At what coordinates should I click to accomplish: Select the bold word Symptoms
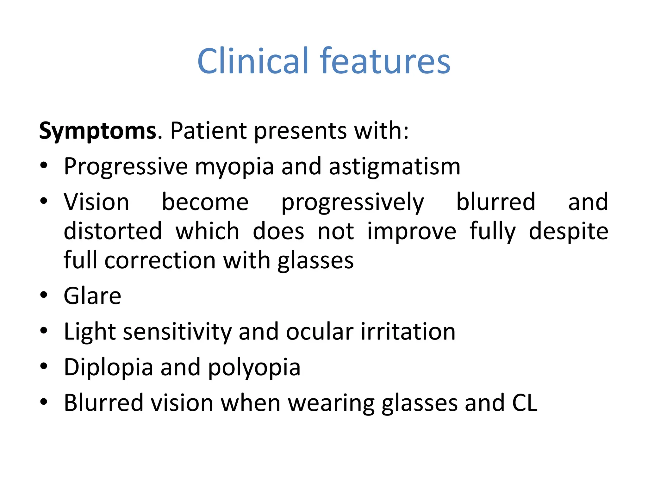click(x=97, y=131)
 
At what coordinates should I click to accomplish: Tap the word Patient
click(x=208, y=131)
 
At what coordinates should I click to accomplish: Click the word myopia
click(x=234, y=167)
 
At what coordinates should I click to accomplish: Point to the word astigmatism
click(x=394, y=167)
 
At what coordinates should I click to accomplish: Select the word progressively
click(x=352, y=202)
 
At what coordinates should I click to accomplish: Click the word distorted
click(x=113, y=231)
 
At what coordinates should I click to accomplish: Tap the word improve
click(x=412, y=232)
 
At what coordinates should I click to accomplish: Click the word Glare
click(x=92, y=296)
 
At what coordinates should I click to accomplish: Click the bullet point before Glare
click(x=44, y=295)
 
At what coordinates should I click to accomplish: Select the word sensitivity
click(x=177, y=332)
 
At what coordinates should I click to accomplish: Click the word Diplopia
click(x=108, y=368)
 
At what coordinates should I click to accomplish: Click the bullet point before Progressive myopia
click(x=44, y=165)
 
